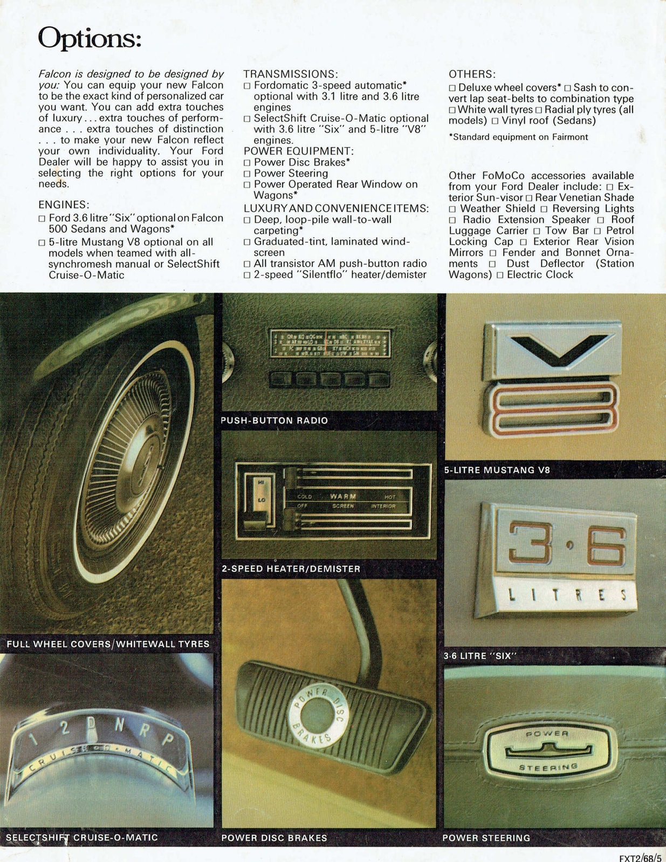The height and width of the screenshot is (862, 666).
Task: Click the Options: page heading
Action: point(90,39)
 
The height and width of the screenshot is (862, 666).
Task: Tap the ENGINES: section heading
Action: point(64,205)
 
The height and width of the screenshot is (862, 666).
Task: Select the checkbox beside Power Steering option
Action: point(247,174)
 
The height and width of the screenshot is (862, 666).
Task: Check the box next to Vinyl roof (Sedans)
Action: point(495,121)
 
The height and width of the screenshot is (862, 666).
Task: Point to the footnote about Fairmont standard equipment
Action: point(518,137)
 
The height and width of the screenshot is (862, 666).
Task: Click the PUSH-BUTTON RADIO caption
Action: point(274,420)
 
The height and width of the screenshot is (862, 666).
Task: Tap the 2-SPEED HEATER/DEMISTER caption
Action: point(291,568)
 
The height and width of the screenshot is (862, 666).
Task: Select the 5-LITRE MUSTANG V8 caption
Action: point(497,470)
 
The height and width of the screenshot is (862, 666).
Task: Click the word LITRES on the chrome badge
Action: point(566,595)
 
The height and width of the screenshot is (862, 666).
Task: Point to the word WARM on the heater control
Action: point(342,496)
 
